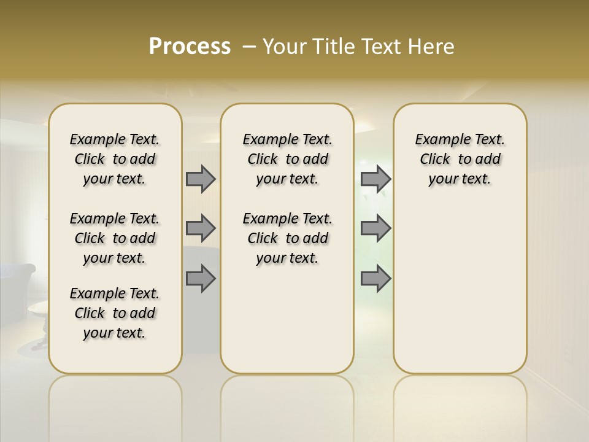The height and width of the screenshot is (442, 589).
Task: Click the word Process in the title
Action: (x=190, y=46)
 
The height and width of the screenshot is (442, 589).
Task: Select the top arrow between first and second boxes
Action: (x=201, y=179)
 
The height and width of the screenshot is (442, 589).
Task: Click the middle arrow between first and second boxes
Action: (x=201, y=228)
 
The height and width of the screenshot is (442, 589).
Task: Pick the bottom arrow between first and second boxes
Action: (x=201, y=279)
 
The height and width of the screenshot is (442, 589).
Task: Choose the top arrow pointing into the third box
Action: (x=375, y=179)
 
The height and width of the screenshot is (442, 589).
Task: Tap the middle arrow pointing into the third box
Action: (x=375, y=228)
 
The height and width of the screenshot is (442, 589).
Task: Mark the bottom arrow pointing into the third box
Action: (x=375, y=279)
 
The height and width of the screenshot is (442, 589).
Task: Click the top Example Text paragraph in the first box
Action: (x=115, y=159)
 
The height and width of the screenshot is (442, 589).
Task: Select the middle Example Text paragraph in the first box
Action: (x=115, y=238)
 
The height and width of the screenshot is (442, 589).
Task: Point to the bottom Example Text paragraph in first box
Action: (x=115, y=313)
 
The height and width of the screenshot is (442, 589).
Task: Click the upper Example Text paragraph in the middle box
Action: (x=287, y=159)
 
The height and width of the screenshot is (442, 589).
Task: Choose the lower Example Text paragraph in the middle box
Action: (x=287, y=238)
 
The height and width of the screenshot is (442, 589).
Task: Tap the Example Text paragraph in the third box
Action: (x=460, y=159)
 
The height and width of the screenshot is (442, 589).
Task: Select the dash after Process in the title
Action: (x=249, y=47)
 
